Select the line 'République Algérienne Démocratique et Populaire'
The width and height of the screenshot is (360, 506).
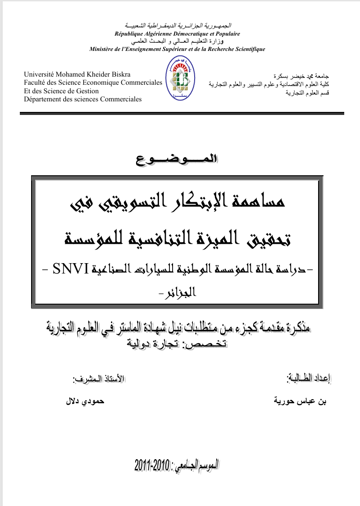[x=177, y=34]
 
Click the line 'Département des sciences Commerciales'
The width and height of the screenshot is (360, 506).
[x=82, y=99]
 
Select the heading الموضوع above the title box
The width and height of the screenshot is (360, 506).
[x=180, y=159]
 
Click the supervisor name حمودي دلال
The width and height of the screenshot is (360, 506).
[x=85, y=401]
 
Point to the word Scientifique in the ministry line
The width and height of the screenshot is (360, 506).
[x=249, y=49]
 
